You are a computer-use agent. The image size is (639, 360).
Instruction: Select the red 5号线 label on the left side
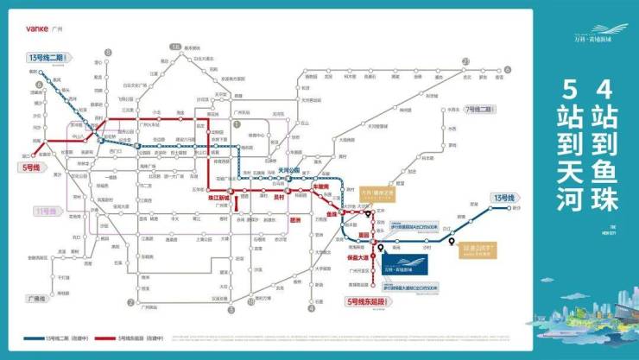pos(29,167)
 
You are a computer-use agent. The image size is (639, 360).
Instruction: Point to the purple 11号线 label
pos(45,211)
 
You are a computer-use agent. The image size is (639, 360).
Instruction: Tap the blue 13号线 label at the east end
pos(503,198)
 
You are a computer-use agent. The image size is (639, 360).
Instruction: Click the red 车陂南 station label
pos(319,186)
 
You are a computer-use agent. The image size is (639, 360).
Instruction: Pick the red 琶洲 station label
pos(295,219)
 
